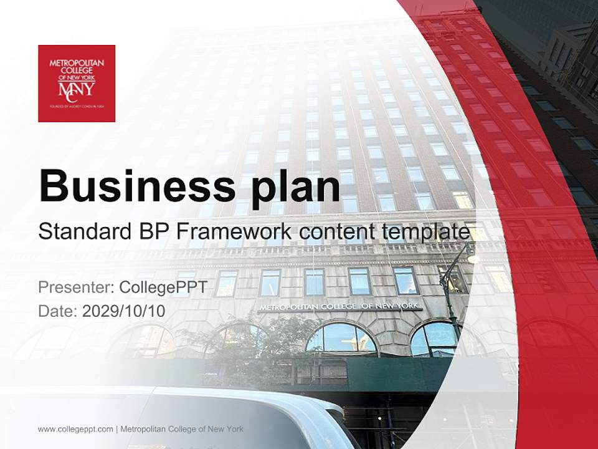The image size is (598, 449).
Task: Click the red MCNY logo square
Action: coord(77,84)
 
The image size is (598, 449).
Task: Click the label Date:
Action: coord(57,311)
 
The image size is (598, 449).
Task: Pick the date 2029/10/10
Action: coord(124,311)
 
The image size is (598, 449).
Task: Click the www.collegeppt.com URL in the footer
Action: coord(75,429)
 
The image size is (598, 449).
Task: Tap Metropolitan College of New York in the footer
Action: coord(181,429)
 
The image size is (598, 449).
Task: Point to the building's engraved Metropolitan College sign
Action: coord(339,307)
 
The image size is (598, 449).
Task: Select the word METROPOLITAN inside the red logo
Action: coord(77,62)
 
